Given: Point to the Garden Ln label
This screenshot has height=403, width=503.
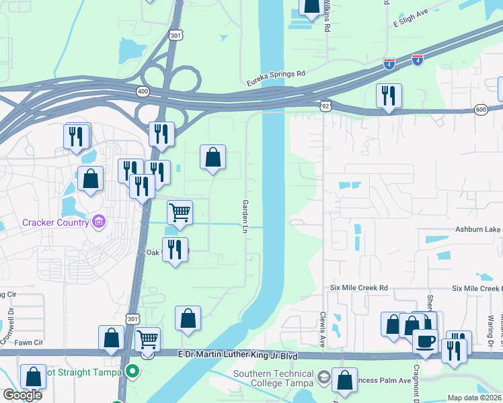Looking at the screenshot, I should pos(245,216).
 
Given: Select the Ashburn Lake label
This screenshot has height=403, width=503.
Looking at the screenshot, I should pos(479,229).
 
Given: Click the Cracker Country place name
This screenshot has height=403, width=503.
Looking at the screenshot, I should pos(55,222).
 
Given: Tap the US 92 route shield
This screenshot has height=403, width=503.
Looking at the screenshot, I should pos(325,105).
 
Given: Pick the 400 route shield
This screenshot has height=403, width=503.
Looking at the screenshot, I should pos(141,91).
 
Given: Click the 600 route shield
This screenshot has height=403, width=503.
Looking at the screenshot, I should pos(480,109).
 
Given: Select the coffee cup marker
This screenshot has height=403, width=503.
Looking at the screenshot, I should pos(424,341).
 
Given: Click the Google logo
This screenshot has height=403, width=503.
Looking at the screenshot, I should pos(22,395).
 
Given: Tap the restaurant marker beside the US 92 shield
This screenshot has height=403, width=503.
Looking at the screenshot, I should pos(389,96).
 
